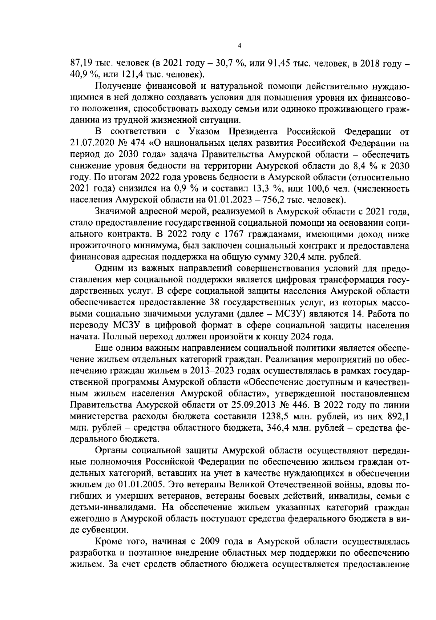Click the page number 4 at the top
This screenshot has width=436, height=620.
(x=239, y=46)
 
